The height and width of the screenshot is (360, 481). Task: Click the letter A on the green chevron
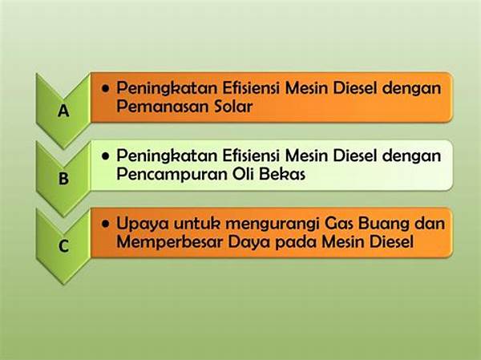pos(63,111)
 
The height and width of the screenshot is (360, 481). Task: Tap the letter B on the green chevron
pos(63,178)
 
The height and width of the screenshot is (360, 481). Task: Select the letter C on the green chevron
pos(63,246)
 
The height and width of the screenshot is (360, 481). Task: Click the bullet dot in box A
pos(106,89)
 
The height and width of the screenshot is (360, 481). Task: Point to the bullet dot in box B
pos(106,156)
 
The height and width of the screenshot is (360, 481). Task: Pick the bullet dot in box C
pos(106,224)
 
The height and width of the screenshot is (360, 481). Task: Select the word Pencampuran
pos(172,175)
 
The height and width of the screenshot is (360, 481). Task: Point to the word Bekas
pos(282,174)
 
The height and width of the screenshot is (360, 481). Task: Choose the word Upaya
pos(143,224)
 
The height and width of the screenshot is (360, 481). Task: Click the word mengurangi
pos(272,224)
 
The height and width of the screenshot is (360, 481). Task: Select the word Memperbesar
pos(170,242)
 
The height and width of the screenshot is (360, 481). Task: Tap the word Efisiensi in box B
pos(251,156)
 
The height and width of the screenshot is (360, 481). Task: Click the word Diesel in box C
pos(391,241)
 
